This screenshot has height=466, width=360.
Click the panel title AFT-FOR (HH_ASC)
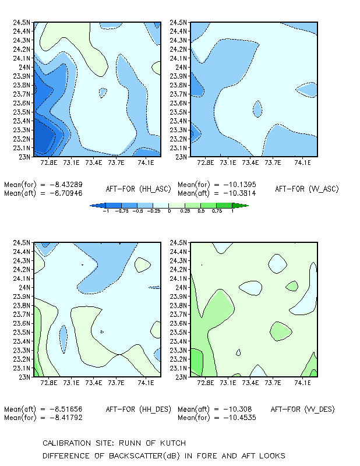pos(139,189)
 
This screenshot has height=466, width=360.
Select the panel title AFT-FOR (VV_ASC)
pos(307,189)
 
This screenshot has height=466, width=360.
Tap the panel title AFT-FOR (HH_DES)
pos(139,409)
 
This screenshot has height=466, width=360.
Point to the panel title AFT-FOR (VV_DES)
pos(303,409)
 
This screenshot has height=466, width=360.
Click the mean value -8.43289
pos(66,185)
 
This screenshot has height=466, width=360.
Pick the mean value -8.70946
pos(66,193)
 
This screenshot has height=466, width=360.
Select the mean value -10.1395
pos(239,185)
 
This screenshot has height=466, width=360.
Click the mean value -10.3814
pos(239,193)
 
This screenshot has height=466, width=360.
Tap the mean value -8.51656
pos(66,409)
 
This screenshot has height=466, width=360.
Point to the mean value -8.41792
pos(66,418)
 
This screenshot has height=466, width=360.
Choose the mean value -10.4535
pos(239,418)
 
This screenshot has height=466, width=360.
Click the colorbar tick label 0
pos(169,211)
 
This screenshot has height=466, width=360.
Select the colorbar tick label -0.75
pos(122,211)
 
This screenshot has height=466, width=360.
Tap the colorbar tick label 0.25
pos(185,211)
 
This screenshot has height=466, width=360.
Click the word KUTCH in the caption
pos(173,443)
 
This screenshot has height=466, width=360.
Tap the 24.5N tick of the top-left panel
pos(22,22)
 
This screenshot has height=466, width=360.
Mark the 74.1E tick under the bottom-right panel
pos(303,383)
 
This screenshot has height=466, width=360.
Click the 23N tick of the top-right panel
pos(181,157)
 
